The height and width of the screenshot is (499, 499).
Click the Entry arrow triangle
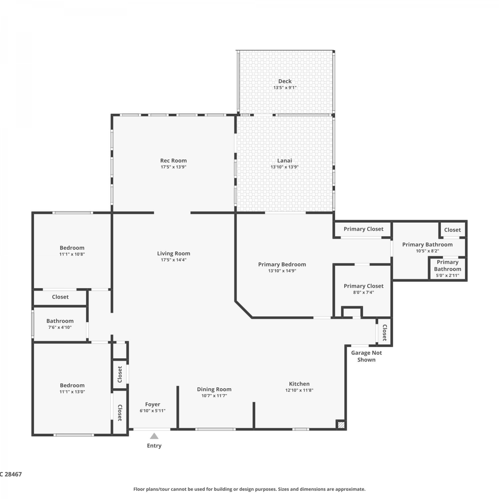coord(154,436)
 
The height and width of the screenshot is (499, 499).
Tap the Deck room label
coord(285,81)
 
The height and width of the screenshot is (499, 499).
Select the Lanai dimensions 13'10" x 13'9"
coord(284,167)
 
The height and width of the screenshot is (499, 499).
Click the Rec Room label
coord(173,160)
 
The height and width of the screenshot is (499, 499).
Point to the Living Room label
coord(174,253)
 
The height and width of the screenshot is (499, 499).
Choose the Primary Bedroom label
coord(282,264)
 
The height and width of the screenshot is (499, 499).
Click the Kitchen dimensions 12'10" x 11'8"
coord(299,390)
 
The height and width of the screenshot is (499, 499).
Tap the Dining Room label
coord(214,389)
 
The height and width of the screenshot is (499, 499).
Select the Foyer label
coord(153,404)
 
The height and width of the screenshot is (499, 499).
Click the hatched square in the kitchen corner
coord(341,425)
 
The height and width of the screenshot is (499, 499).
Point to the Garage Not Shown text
coord(366,356)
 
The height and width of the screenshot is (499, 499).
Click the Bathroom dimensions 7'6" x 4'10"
coord(60,327)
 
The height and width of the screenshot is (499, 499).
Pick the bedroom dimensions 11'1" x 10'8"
coord(72,254)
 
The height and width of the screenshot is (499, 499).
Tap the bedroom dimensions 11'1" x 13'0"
coord(72,392)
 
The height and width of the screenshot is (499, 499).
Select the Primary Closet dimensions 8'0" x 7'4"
coord(364,292)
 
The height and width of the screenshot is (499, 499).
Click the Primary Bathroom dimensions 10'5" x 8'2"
coord(427,251)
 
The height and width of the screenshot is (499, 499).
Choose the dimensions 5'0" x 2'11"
coord(447,275)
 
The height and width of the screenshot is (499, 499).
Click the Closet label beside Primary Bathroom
coord(452,230)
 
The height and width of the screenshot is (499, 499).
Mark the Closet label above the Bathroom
coord(60,297)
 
